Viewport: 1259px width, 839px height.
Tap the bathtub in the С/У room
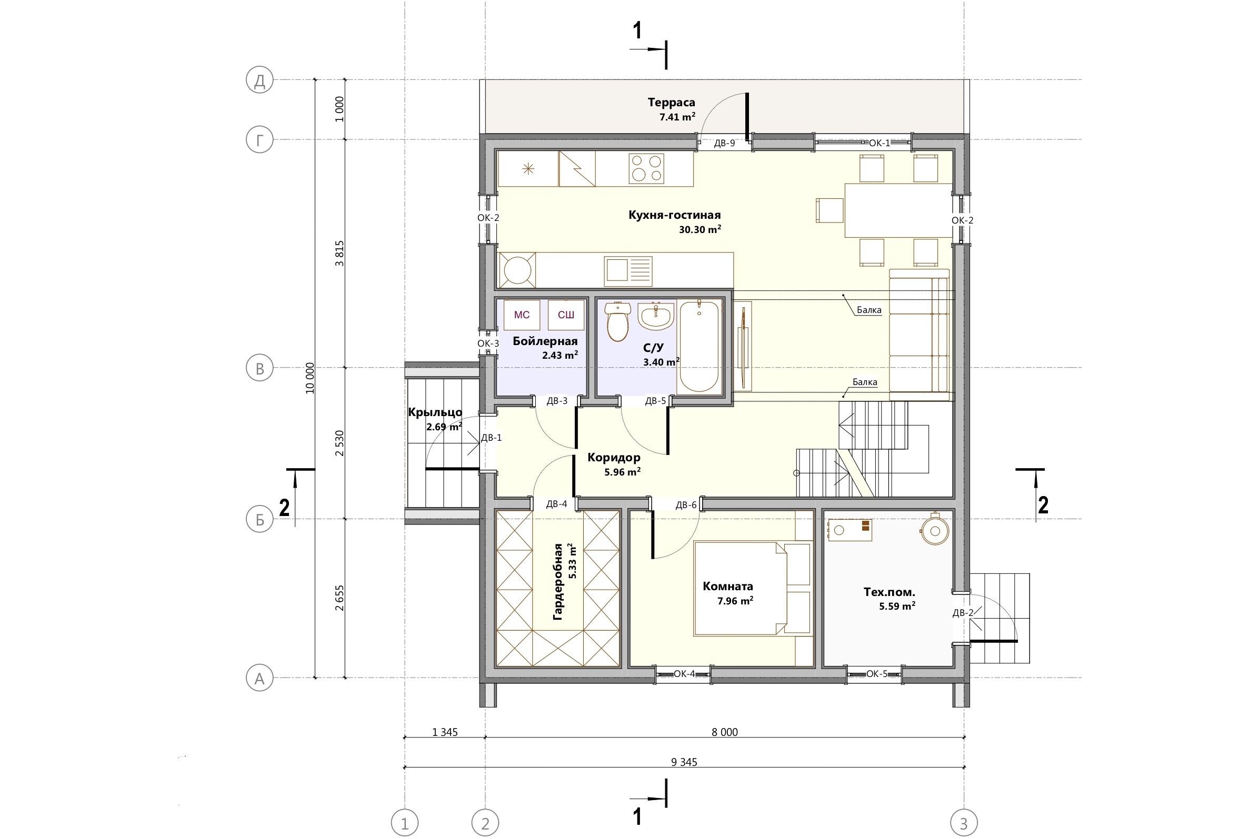pyautogui.click(x=699, y=347)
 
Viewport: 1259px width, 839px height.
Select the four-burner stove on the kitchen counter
pyautogui.click(x=647, y=168)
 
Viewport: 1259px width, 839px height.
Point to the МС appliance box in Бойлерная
pyautogui.click(x=522, y=315)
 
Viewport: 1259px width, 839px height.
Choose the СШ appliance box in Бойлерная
pyautogui.click(x=566, y=315)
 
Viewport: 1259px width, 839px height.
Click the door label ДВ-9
pyautogui.click(x=724, y=144)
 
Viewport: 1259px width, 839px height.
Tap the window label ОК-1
pyautogui.click(x=880, y=143)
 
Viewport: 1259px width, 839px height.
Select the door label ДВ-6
pyautogui.click(x=686, y=505)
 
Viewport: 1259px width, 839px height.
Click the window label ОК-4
pyautogui.click(x=684, y=674)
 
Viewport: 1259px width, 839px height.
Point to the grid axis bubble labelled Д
pyautogui.click(x=259, y=80)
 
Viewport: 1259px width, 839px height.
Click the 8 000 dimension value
pyautogui.click(x=725, y=733)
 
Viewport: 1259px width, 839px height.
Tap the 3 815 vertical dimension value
pyautogui.click(x=339, y=254)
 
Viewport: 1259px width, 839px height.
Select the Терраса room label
pyautogui.click(x=671, y=102)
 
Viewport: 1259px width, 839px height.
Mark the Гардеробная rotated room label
pyautogui.click(x=558, y=582)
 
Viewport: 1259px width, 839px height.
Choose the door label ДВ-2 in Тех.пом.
pyautogui.click(x=963, y=613)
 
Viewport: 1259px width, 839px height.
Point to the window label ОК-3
pyautogui.click(x=488, y=343)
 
